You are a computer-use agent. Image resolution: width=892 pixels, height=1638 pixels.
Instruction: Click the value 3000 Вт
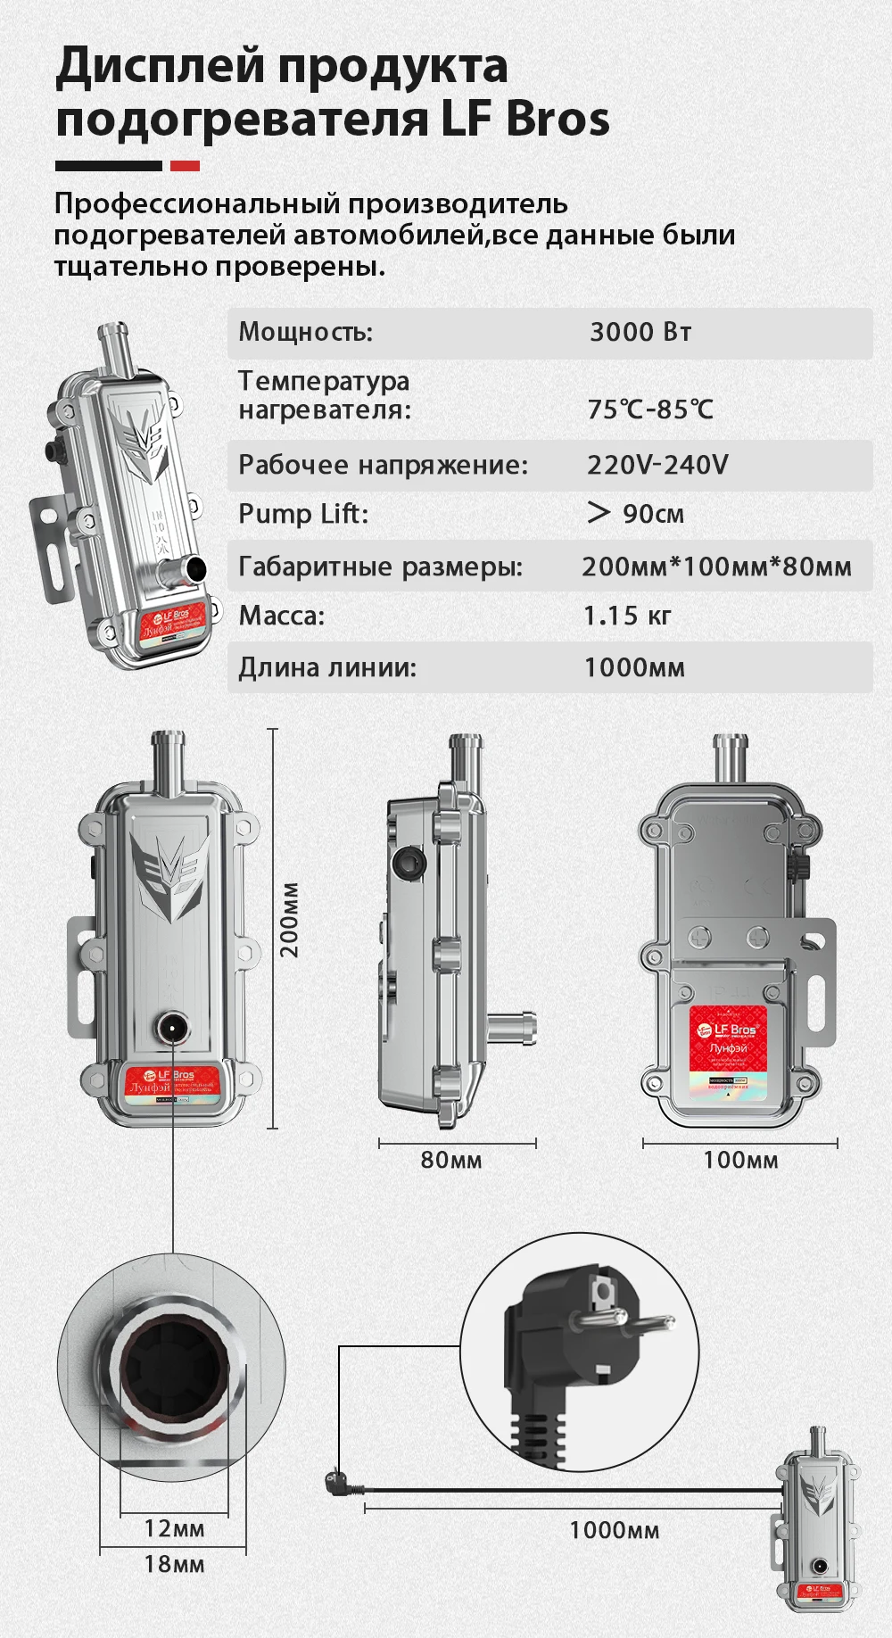[640, 333]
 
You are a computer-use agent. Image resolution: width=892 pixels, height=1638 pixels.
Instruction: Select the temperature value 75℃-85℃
[650, 409]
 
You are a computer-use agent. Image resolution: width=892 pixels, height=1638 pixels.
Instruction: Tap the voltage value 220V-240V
[657, 465]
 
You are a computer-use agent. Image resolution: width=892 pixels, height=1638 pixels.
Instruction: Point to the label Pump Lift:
[303, 514]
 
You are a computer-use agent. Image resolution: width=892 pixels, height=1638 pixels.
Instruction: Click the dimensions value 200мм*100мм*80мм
[716, 567]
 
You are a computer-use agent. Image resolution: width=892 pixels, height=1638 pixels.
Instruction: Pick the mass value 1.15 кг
[627, 616]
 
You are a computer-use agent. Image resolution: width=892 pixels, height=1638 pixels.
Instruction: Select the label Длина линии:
[327, 667]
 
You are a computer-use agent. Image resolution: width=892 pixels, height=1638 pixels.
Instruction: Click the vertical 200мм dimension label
[290, 920]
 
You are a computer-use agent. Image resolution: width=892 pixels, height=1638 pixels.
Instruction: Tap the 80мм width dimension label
[451, 1161]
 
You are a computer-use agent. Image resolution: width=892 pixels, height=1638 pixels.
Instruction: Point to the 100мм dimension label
[740, 1161]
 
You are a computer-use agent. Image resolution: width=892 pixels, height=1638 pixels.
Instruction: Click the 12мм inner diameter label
[174, 1528]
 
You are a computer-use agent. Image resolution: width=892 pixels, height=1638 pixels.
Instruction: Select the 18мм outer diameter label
[174, 1564]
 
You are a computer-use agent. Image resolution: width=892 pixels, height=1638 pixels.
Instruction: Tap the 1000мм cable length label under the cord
[615, 1531]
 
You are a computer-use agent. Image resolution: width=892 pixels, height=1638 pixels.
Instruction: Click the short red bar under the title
[185, 166]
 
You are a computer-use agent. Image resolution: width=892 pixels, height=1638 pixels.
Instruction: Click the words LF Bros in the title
[525, 120]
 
